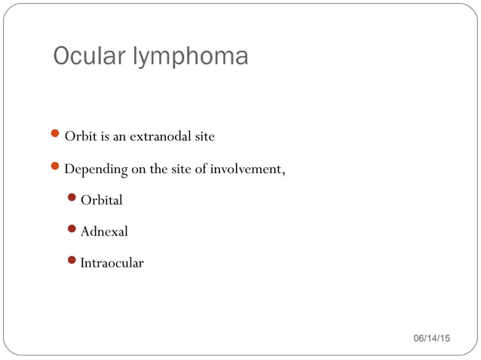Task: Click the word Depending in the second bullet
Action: (x=96, y=169)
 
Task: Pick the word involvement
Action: (x=247, y=169)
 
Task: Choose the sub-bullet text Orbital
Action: (x=101, y=200)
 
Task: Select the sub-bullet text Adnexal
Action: (x=104, y=231)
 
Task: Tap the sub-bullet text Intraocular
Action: (x=112, y=263)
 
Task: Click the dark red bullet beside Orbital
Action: (x=72, y=199)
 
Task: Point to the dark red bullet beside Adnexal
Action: (x=72, y=230)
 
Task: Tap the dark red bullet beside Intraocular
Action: (x=72, y=261)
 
